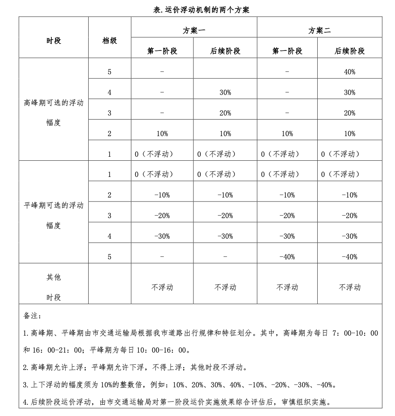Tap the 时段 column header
(x=53, y=40)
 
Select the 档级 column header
(x=109, y=40)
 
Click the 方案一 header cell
(x=194, y=31)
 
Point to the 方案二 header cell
(x=319, y=31)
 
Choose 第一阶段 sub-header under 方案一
(x=162, y=51)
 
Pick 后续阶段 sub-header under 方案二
(x=350, y=51)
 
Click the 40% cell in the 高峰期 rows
(x=350, y=72)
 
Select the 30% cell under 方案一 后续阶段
(x=225, y=92)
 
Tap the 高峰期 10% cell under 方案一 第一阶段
(x=162, y=134)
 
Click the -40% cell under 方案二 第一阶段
(x=287, y=257)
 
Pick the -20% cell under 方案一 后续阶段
(x=225, y=216)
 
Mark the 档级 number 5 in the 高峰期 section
(x=109, y=72)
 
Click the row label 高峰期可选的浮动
(x=53, y=103)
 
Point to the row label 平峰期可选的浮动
(x=53, y=206)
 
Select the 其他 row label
(x=53, y=277)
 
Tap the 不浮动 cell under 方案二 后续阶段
(x=350, y=287)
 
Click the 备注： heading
(x=32, y=315)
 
